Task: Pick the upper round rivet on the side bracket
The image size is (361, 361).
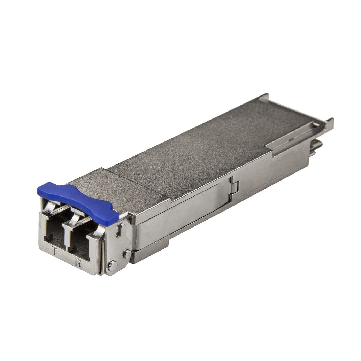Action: pyautogui.click(x=127, y=254)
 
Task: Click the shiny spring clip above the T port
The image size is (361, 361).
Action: pyautogui.click(x=50, y=207)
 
